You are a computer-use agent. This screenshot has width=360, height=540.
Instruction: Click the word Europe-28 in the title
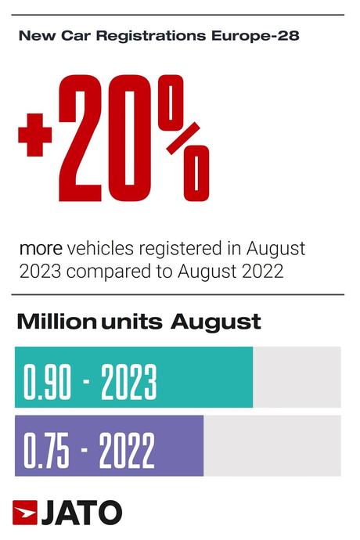[223, 36]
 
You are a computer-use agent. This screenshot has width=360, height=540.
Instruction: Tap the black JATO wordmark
[81, 512]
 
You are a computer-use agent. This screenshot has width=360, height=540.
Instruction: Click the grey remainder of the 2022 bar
[272, 445]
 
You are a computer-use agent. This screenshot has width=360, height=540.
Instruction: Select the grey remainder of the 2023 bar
[297, 377]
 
